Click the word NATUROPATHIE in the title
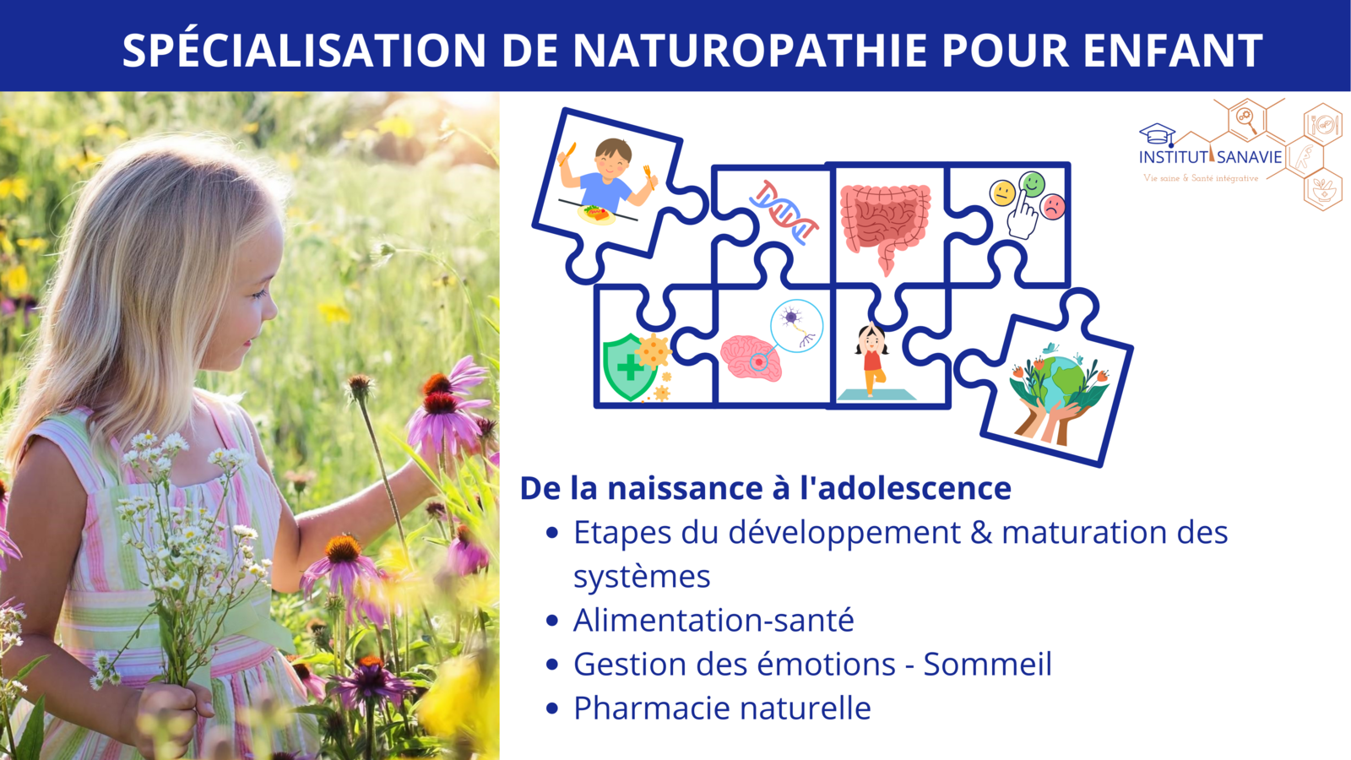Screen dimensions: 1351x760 749,50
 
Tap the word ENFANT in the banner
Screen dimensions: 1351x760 1173,50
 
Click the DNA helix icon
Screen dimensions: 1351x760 784,212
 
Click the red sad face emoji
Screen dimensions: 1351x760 1052,207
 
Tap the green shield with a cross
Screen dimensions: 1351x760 629,366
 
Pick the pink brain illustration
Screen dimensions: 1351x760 751,358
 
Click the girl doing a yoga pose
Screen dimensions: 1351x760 871,358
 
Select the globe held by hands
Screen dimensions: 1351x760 1059,392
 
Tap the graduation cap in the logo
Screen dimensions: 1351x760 1157,133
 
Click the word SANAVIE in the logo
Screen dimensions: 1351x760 1249,157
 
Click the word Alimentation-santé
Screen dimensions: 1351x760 713,620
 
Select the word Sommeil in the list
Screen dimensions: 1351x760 988,664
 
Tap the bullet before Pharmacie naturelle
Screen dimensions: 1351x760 552,708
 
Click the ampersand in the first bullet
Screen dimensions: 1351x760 980,533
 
